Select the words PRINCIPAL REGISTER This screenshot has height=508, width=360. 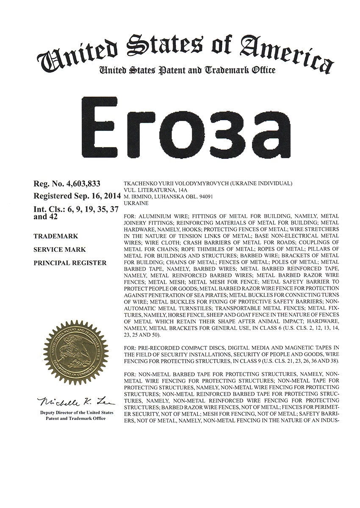pyautogui.click(x=70, y=263)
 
